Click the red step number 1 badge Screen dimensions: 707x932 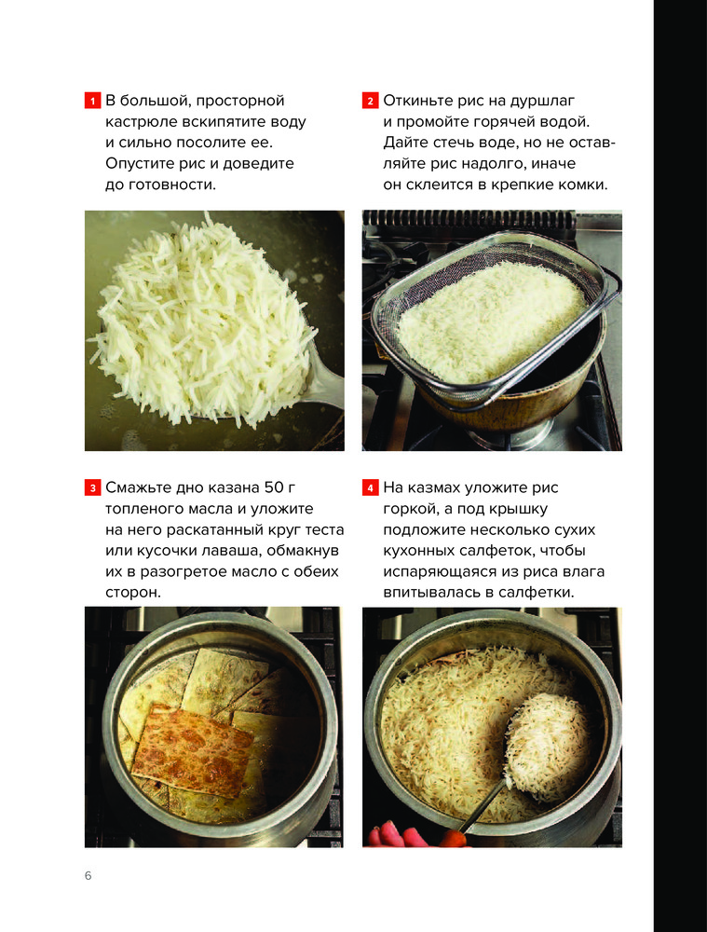tap(92, 101)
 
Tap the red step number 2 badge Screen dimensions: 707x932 tap(370, 101)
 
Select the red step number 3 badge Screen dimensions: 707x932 tap(92, 488)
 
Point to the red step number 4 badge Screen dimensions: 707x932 tap(370, 488)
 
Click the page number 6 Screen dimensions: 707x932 tap(88, 875)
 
